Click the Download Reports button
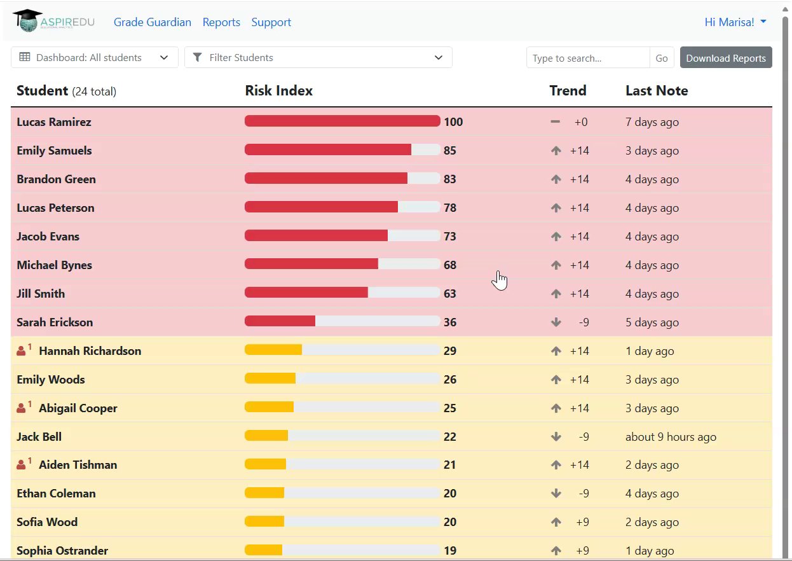[x=725, y=58]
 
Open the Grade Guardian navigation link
[x=153, y=22]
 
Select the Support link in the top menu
[x=271, y=22]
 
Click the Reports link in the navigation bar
[x=221, y=22]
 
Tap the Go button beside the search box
[x=662, y=58]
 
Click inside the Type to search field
[x=588, y=58]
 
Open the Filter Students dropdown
[x=318, y=57]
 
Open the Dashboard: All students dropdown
[x=95, y=57]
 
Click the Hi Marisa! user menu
[x=735, y=22]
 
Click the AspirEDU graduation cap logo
[x=28, y=20]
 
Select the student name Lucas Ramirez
[x=54, y=122]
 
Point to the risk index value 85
[x=450, y=151]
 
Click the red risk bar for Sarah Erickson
[x=280, y=321]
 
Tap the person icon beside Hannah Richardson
[x=21, y=350]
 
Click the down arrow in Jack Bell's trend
[x=556, y=436]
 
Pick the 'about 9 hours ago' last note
[x=671, y=437]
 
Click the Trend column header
[x=568, y=90]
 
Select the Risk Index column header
[x=278, y=90]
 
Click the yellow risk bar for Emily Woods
[x=270, y=378]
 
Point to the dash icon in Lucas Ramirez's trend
[x=555, y=121]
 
